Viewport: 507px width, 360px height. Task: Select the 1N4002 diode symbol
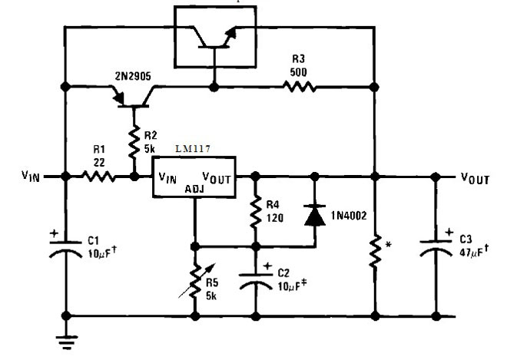(x=314, y=216)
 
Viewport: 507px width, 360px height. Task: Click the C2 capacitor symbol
(x=253, y=280)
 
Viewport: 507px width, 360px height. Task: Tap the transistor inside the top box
(x=211, y=36)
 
